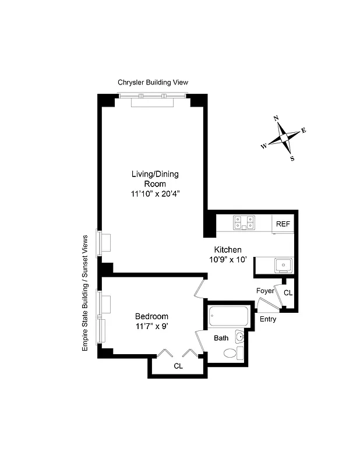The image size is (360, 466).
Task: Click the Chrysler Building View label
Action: point(153,83)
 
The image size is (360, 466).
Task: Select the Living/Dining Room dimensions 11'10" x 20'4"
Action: point(154,193)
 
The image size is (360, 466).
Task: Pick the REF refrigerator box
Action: point(283,224)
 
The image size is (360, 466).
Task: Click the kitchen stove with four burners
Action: point(243,223)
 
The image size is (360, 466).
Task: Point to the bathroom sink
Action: point(241,337)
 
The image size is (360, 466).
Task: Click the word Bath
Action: point(221,338)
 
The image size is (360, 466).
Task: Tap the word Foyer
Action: point(265,291)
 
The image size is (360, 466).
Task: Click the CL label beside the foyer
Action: point(289,292)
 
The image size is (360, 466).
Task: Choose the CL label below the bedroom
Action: point(178,366)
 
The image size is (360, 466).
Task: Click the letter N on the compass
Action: point(276,118)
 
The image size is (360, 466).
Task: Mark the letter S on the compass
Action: point(292,158)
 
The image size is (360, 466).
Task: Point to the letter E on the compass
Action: point(303,130)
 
